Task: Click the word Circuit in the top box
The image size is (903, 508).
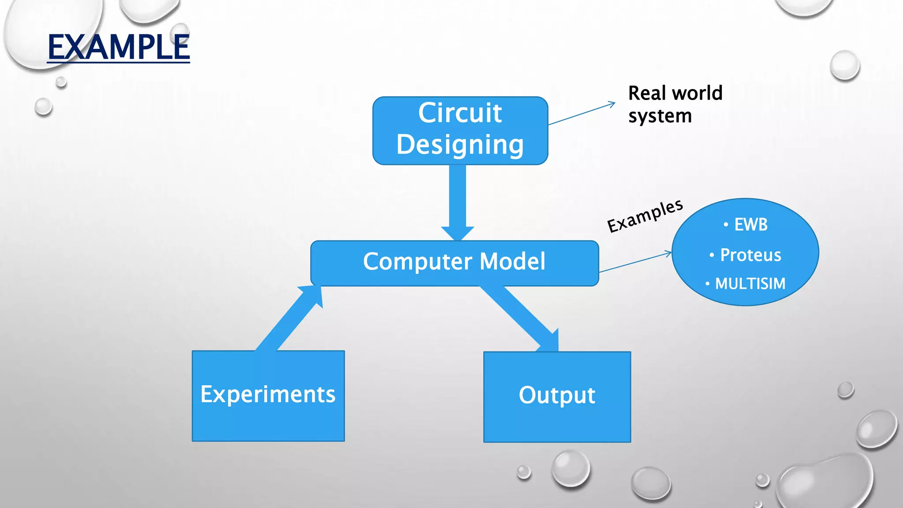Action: (x=460, y=113)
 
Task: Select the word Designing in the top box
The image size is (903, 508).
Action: (x=460, y=145)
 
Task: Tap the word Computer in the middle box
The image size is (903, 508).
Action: (x=417, y=261)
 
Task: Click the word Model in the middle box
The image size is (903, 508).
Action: (x=512, y=261)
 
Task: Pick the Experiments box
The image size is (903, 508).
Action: (x=268, y=396)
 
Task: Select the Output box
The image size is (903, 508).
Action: (x=557, y=396)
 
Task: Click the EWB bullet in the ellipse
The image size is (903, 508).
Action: (x=750, y=225)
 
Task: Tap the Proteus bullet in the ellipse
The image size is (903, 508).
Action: (x=750, y=255)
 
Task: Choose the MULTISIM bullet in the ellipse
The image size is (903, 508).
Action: (x=750, y=284)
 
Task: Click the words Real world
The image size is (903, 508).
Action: (x=675, y=93)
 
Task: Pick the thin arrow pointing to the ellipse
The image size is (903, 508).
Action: (x=635, y=262)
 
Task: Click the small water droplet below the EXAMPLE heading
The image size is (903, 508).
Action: (x=61, y=82)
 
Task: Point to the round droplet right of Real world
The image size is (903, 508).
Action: (x=844, y=66)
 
